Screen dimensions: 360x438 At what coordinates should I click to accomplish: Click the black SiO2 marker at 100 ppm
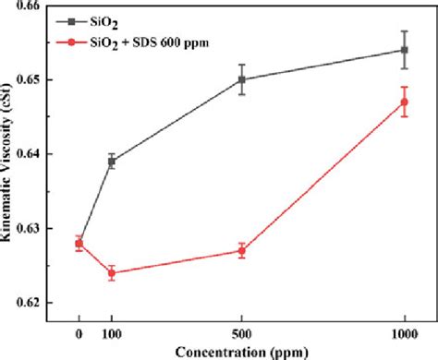coord(112,162)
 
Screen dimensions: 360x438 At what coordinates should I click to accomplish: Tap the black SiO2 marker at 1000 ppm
coord(404,50)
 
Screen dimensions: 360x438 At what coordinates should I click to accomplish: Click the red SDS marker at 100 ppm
coord(112,272)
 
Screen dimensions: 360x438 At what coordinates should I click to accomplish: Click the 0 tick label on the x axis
coord(79,330)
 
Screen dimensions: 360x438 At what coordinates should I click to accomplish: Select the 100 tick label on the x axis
coord(112,330)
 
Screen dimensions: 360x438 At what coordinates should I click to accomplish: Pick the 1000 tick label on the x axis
coord(404,330)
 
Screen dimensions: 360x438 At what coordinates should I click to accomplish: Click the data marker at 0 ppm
coord(79,244)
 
